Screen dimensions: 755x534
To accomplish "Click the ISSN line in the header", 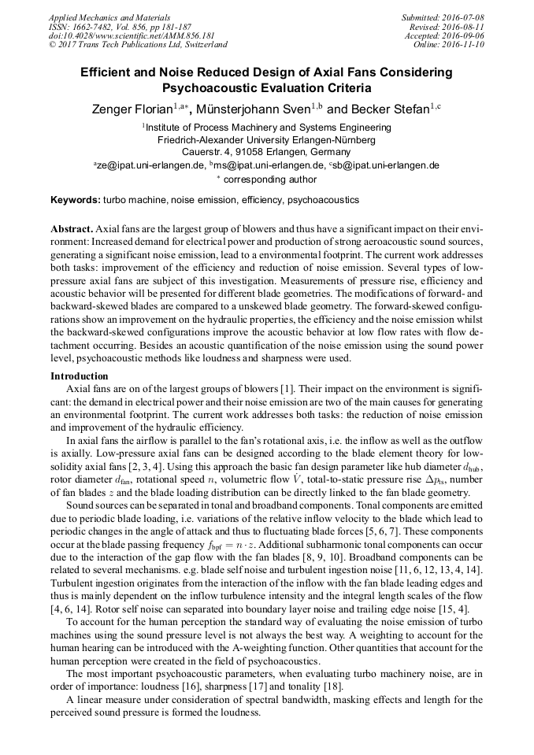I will tap(116, 26).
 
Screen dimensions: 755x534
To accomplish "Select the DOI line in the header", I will tap(120, 35).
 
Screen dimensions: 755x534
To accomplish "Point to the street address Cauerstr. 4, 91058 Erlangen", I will tap(266, 152).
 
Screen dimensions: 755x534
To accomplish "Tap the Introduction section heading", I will tap(79, 376).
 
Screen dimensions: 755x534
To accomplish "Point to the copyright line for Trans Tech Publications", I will tap(138, 45).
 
